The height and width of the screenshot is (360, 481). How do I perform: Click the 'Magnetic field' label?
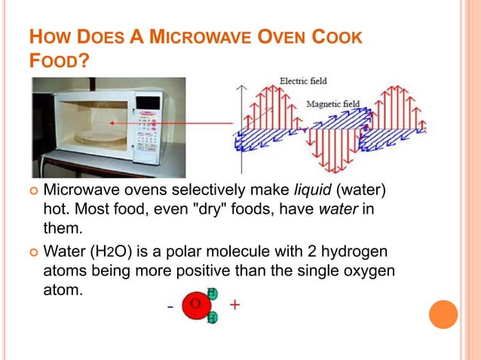332,104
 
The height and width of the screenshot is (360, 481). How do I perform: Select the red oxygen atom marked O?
195,305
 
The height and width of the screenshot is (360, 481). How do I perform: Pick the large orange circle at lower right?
443,315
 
